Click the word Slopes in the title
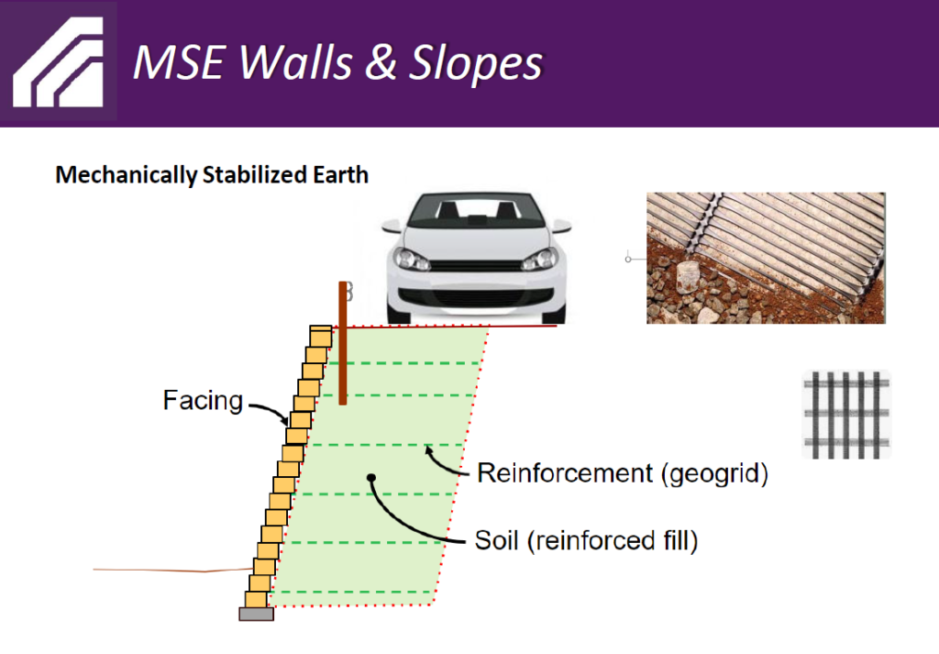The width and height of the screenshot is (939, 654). point(476,63)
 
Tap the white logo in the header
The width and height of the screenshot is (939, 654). point(58,62)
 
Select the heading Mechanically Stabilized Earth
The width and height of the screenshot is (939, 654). point(212,175)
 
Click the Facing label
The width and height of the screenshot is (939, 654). point(203,400)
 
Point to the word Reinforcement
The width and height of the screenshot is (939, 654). point(565,473)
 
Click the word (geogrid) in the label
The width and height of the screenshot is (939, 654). point(715,473)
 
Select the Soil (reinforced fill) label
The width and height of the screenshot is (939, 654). point(586,540)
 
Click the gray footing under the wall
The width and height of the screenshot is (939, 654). point(257,614)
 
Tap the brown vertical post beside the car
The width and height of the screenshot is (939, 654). point(343,343)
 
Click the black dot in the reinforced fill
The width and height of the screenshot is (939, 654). point(371,477)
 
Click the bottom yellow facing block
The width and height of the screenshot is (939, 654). point(256,599)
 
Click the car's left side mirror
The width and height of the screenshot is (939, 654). point(391,226)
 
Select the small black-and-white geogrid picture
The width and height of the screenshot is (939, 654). point(846,415)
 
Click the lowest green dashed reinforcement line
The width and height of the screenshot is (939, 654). point(352,592)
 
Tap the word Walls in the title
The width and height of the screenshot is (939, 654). point(296,62)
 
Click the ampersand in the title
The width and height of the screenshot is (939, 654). point(381,62)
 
